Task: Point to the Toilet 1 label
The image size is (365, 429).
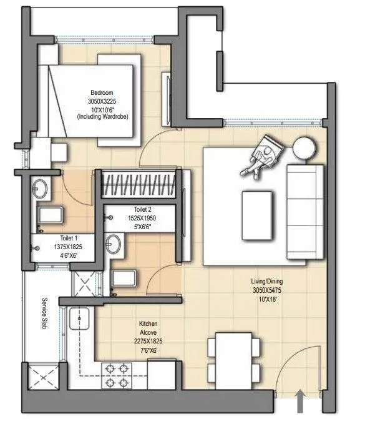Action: pos(69,239)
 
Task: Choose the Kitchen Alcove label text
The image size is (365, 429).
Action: pos(148,329)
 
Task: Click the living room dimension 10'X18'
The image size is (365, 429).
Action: pos(268,300)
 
